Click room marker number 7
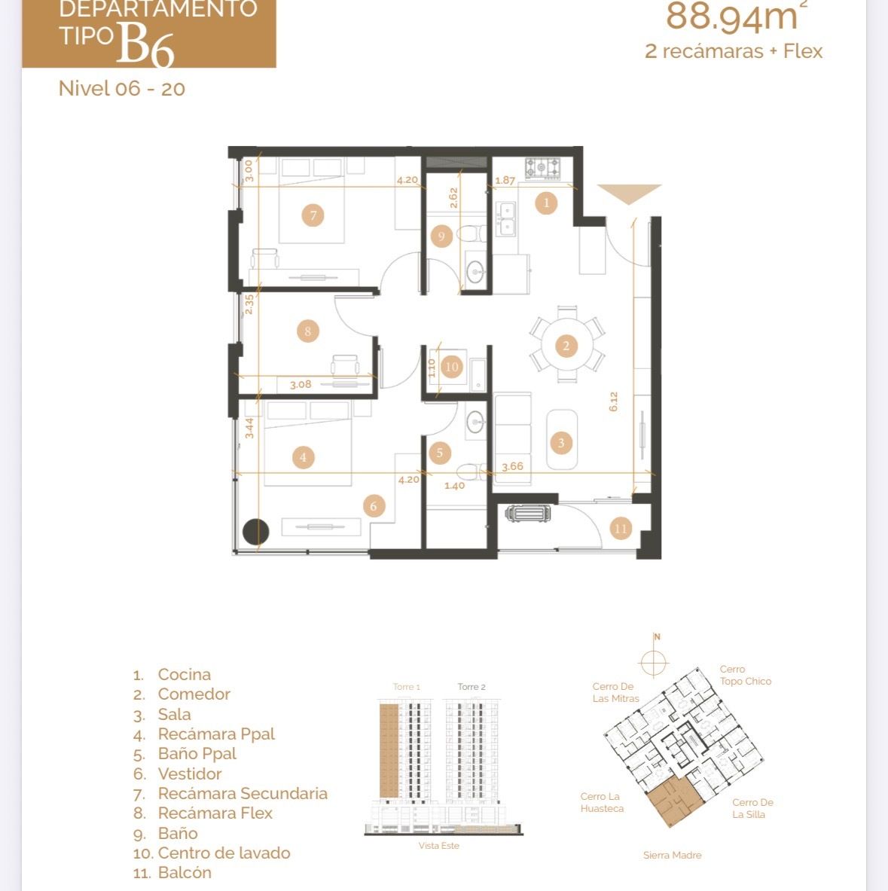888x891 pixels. pos(313,215)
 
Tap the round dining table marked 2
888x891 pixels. pos(566,345)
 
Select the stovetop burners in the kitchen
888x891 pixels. pos(542,168)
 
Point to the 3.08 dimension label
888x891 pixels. pos(301,384)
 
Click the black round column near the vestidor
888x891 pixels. pos(255,532)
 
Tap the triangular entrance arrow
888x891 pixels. pos(629,194)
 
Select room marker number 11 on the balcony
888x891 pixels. pos(621,529)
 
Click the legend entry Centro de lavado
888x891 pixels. pos(224,853)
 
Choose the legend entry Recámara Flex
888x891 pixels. pos(215,813)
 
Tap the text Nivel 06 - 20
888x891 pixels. pos(122,89)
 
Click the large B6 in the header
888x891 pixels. pos(145,43)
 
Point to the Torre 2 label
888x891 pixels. pos(471,686)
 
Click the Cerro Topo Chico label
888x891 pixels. pos(746,675)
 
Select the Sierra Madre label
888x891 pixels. pos(672,855)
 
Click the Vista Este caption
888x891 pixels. pos(438,846)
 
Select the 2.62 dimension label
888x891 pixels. pos(453,198)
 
